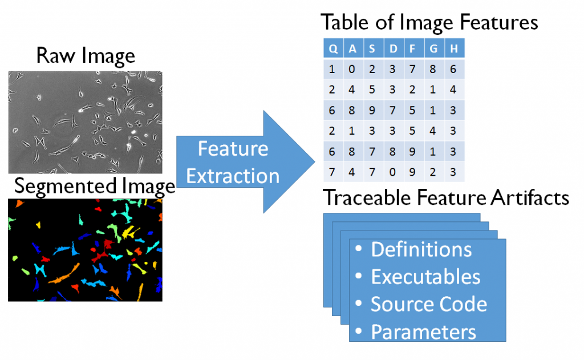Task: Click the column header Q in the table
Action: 333,48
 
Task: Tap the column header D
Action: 394,48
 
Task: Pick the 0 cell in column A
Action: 352,69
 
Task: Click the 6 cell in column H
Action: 453,69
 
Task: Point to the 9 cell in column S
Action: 372,110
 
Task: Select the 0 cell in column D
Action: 392,172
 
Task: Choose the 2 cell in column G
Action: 433,172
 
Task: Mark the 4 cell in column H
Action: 453,90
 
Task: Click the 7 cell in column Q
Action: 332,172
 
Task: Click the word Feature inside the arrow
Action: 233,149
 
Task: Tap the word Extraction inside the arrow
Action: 233,176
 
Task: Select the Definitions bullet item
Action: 414,249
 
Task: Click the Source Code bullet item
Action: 421,304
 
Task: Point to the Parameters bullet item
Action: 416,331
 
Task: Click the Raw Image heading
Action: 86,56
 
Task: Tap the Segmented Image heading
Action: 95,187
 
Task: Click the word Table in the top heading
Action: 344,22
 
